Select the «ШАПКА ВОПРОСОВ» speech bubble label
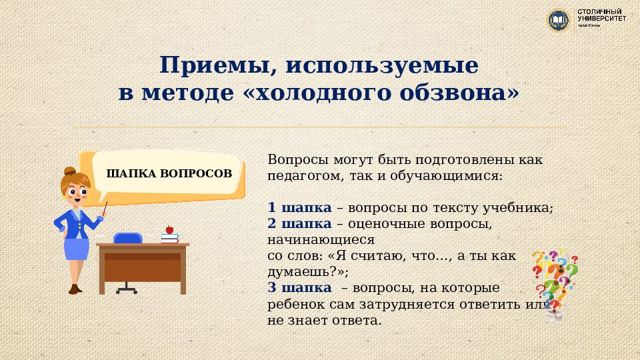(169, 174)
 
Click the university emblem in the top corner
(558, 20)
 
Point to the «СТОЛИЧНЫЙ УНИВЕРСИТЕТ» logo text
(601, 17)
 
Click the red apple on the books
(169, 229)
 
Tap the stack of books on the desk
(171, 237)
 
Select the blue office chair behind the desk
(127, 239)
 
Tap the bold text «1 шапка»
(299, 207)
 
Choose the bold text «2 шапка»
(299, 223)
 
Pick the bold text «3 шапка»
(299, 287)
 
